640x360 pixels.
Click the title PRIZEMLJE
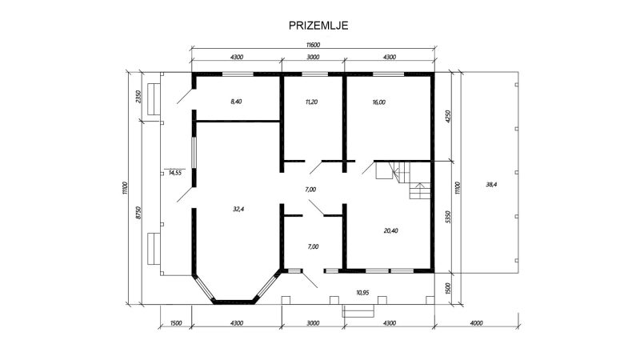point(318,26)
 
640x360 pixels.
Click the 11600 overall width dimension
point(313,45)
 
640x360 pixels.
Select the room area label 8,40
point(236,102)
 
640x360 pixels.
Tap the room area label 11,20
point(311,102)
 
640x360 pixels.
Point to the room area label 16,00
point(378,102)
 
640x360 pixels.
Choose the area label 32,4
point(238,209)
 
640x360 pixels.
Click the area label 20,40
point(390,230)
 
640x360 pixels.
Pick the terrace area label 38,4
point(491,185)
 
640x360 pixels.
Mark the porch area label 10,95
point(362,292)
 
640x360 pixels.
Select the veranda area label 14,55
point(174,173)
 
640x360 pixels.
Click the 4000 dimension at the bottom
point(476,323)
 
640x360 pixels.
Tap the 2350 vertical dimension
point(138,96)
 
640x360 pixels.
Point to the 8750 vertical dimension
point(138,213)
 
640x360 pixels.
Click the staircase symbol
point(403,179)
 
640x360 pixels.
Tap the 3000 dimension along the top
point(313,57)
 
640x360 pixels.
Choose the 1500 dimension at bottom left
point(175,323)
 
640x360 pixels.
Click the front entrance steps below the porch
point(358,311)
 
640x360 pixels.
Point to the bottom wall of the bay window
point(234,302)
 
